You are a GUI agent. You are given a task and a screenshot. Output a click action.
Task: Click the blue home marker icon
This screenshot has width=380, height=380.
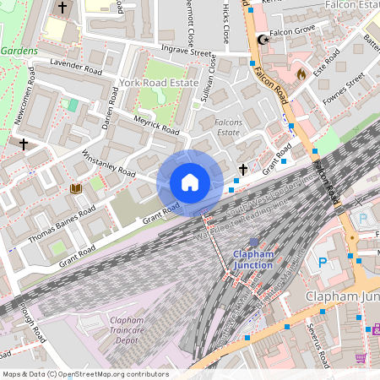coord(190,182)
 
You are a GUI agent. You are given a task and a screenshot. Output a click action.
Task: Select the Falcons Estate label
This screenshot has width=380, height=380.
coord(234,127)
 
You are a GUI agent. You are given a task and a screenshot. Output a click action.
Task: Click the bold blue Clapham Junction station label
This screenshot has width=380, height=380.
coord(253,259)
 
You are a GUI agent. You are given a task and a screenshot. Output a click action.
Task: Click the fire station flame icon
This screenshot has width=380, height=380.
coord(301,74)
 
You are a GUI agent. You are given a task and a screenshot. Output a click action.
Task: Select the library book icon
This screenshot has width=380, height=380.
coord(76,188)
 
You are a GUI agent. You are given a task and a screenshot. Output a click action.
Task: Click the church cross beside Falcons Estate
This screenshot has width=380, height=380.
coord(243,170)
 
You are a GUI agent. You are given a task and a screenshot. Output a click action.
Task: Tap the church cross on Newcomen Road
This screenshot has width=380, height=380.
coord(24,144)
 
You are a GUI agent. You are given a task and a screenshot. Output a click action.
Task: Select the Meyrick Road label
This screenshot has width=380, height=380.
coord(157,126)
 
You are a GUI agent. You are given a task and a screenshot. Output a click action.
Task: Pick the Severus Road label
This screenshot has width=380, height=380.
coord(318,348)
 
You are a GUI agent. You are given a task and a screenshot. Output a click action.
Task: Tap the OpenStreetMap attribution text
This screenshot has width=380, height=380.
coord(84,374)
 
